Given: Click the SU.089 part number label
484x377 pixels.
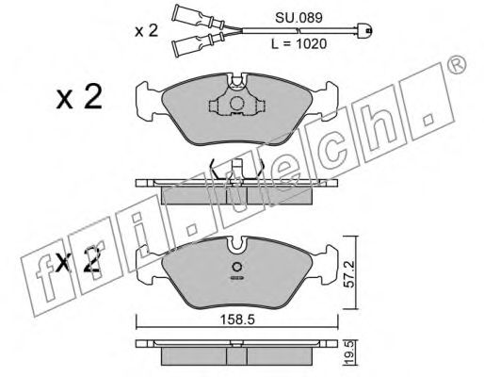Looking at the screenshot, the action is click(298, 18).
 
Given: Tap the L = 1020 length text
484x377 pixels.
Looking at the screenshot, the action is click(298, 44).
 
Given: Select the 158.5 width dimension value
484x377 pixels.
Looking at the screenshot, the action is click(237, 320).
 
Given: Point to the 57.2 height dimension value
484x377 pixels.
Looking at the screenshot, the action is click(348, 273).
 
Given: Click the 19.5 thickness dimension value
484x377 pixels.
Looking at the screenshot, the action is click(349, 353).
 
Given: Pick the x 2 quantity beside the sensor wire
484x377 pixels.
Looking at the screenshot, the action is click(146, 31).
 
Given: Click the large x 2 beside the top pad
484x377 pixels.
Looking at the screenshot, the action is click(79, 97).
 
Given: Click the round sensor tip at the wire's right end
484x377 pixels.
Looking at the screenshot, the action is click(365, 30).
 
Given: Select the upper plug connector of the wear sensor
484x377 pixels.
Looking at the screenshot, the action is click(199, 17).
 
